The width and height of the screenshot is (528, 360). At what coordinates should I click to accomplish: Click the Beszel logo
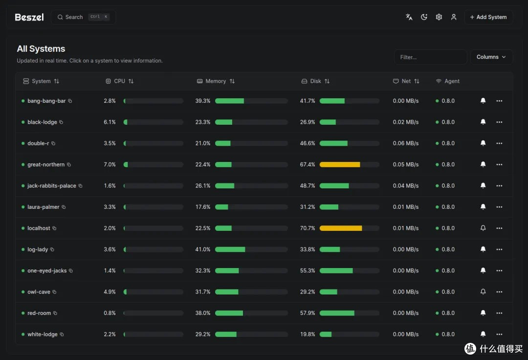pyautogui.click(x=29, y=17)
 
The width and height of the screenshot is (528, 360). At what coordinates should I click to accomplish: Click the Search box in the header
pyautogui.click(x=83, y=17)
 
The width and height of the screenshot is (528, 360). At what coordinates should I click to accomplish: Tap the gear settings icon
pyautogui.click(x=439, y=17)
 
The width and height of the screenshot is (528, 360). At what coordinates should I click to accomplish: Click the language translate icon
pyautogui.click(x=409, y=17)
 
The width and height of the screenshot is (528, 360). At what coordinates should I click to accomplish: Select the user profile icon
pyautogui.click(x=454, y=17)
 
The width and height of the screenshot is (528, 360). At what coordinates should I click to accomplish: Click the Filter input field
pyautogui.click(x=430, y=57)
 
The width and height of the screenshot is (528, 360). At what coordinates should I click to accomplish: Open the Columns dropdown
pyautogui.click(x=491, y=57)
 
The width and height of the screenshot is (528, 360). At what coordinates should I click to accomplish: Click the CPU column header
pyautogui.click(x=120, y=81)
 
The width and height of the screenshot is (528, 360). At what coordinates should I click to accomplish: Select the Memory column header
pyautogui.click(x=216, y=81)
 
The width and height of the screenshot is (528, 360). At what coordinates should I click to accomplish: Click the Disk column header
pyautogui.click(x=315, y=81)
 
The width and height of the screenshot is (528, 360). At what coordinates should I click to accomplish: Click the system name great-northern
pyautogui.click(x=46, y=164)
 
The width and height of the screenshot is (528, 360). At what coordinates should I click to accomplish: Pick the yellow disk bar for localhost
pyautogui.click(x=341, y=228)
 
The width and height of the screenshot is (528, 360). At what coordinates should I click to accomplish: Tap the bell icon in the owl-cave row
pyautogui.click(x=483, y=292)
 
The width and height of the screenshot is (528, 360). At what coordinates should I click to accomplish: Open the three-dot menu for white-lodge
pyautogui.click(x=499, y=334)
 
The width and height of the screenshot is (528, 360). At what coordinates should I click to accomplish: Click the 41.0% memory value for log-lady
pyautogui.click(x=203, y=249)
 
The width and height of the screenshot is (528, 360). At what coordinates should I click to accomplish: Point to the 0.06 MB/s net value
pyautogui.click(x=405, y=143)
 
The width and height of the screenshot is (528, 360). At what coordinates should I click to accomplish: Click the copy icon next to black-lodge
pyautogui.click(x=61, y=122)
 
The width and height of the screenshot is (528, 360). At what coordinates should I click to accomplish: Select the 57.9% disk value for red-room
pyautogui.click(x=308, y=313)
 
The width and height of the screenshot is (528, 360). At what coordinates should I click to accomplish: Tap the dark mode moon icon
pyautogui.click(x=424, y=17)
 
